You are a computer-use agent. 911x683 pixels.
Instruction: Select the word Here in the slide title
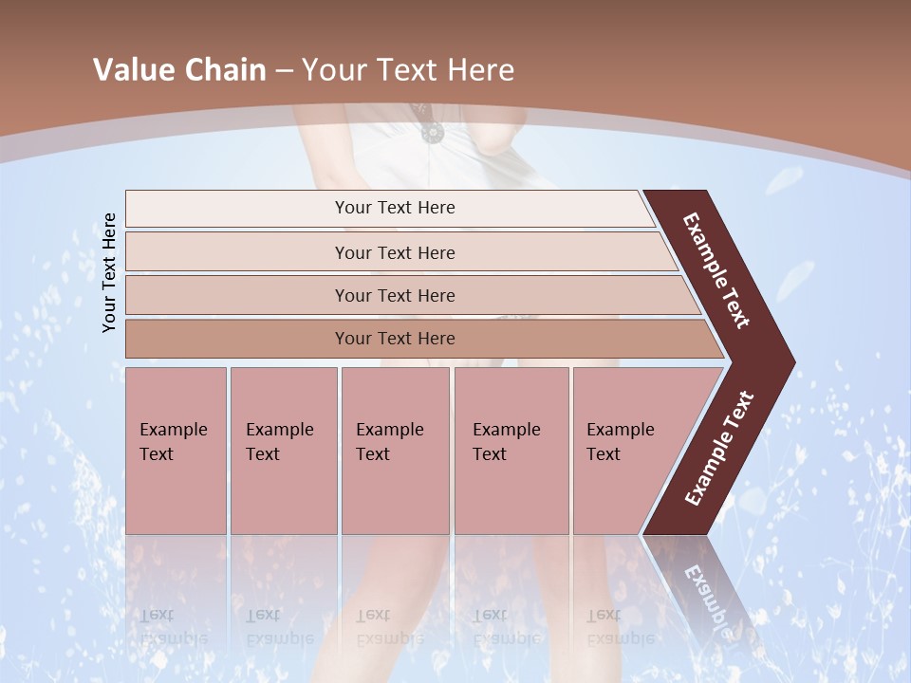tap(480, 70)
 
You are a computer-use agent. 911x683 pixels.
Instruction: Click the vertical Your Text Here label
tap(110, 272)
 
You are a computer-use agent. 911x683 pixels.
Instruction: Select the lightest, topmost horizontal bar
tap(394, 208)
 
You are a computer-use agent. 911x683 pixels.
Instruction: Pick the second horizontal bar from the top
tap(394, 252)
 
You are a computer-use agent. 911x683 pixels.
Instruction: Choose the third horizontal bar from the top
tap(394, 295)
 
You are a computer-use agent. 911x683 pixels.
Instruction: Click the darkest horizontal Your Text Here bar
tap(394, 339)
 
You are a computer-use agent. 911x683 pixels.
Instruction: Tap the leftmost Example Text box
tap(176, 450)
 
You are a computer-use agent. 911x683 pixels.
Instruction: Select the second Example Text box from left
tap(283, 450)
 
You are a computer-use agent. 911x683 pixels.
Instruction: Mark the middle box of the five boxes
tap(395, 450)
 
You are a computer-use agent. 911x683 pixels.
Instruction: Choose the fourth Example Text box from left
tap(511, 450)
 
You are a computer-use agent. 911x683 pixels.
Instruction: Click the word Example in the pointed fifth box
tap(620, 430)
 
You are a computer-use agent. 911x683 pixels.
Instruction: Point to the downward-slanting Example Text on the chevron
tap(716, 270)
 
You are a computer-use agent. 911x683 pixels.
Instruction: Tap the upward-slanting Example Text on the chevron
tap(719, 449)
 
